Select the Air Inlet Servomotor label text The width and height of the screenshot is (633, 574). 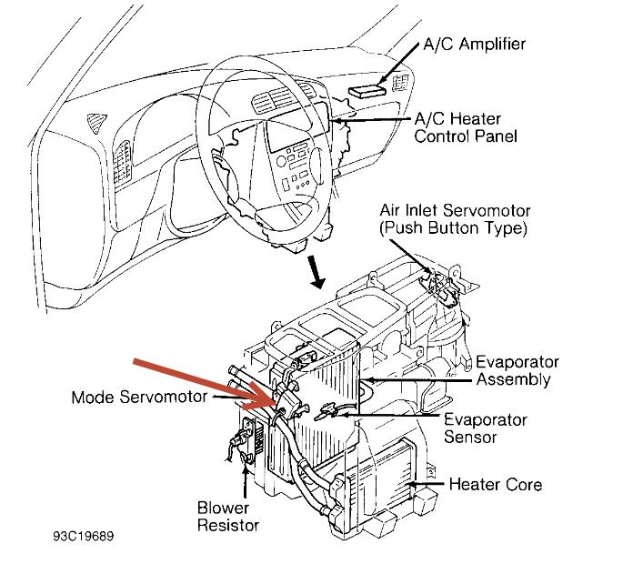(453, 211)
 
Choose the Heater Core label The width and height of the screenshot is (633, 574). (495, 484)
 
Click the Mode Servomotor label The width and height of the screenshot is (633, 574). (139, 398)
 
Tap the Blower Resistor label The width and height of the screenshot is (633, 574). (228, 516)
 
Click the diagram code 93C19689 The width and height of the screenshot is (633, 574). (85, 538)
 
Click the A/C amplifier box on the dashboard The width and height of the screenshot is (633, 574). (368, 89)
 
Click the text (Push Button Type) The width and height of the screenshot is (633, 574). (453, 227)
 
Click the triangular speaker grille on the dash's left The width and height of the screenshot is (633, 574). (93, 118)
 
